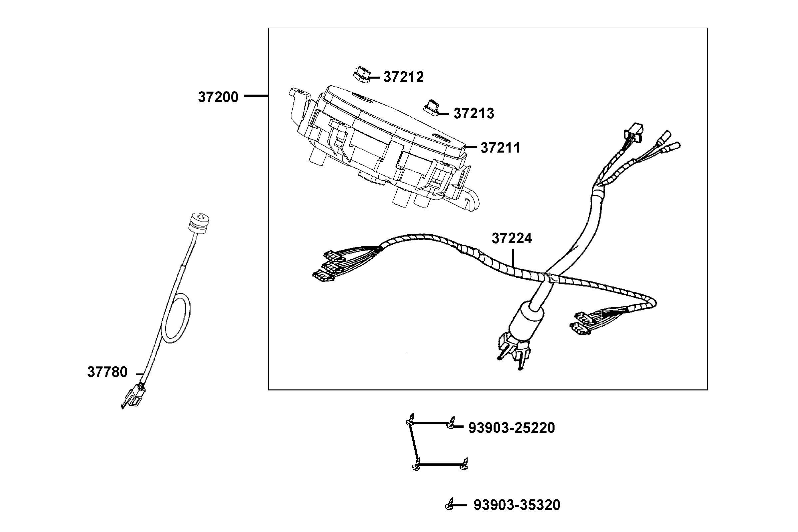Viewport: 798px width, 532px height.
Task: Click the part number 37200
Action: [218, 97]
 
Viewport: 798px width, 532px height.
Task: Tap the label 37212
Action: [403, 77]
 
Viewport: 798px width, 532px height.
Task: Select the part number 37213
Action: [474, 114]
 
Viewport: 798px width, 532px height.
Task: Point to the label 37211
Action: [500, 148]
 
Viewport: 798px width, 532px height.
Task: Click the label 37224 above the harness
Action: [512, 239]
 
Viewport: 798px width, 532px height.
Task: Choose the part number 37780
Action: [107, 372]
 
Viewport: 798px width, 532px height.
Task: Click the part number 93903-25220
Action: [512, 428]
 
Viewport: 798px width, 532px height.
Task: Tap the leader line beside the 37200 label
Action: [256, 96]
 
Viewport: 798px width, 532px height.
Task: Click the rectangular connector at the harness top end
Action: [633, 131]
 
